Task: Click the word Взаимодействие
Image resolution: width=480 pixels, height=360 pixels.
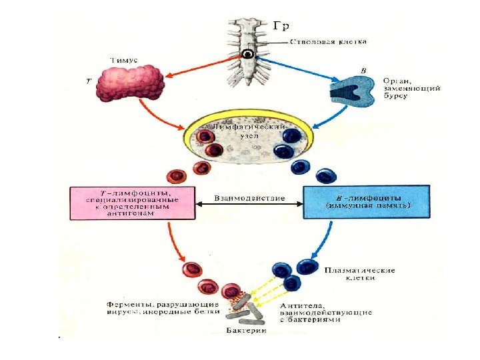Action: [x=249, y=198]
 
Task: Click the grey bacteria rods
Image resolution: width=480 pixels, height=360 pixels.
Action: [x=249, y=309]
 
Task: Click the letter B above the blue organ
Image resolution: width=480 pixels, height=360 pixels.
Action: [x=363, y=69]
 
